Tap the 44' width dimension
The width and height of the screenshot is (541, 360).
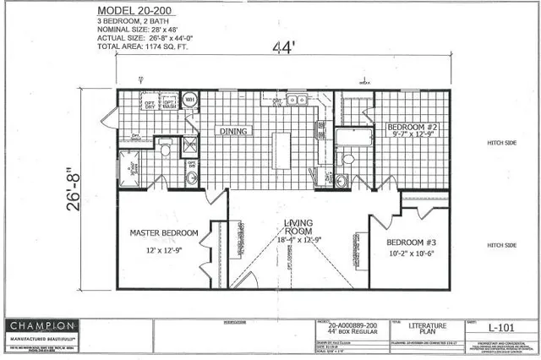click(282, 50)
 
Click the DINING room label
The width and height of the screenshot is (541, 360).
click(233, 132)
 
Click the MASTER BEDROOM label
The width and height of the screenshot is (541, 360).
click(164, 232)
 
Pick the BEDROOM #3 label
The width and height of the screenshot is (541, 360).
click(410, 242)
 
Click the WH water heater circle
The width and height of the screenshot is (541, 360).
click(190, 100)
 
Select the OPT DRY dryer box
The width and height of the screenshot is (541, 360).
click(150, 106)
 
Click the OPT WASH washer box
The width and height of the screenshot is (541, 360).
click(169, 106)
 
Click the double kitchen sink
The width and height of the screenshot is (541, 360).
click(296, 100)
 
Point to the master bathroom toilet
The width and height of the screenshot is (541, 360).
click(166, 149)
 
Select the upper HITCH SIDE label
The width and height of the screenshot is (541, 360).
click(501, 144)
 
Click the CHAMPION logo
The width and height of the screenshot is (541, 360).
click(42, 326)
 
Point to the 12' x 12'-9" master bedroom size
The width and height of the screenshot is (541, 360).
click(164, 249)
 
